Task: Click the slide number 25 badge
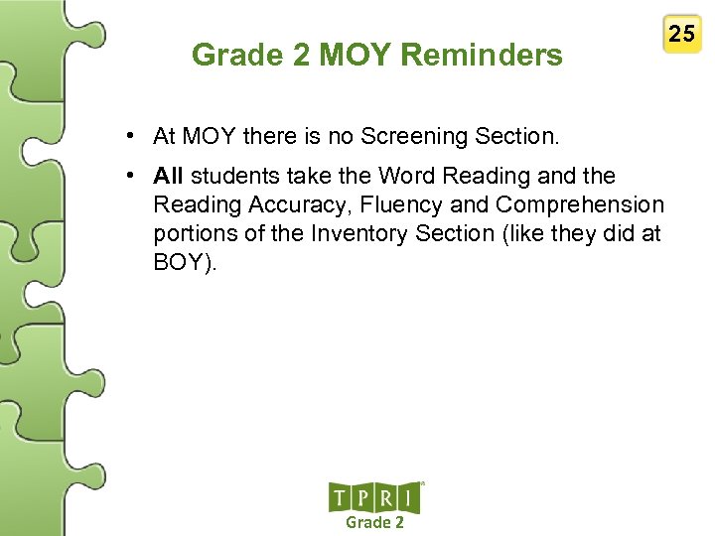pos(681,35)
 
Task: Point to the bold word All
pos(169,177)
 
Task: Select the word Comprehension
pos(580,205)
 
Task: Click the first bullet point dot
pos(131,134)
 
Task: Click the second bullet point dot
pos(131,177)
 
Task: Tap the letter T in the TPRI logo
pos(340,497)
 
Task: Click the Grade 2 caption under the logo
pos(374,522)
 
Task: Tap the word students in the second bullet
pos(230,177)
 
